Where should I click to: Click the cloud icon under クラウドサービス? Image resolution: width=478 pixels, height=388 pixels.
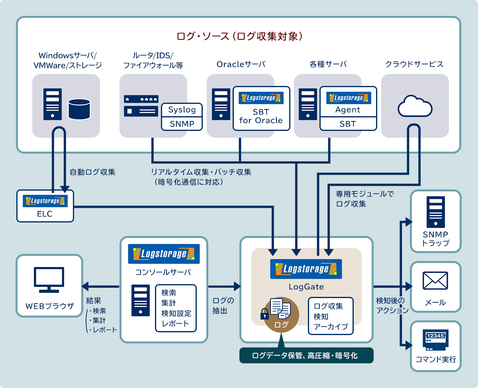pos(415,105)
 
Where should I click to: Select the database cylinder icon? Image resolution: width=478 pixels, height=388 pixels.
pos(79,109)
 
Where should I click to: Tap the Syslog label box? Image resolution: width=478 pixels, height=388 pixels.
pos(182,110)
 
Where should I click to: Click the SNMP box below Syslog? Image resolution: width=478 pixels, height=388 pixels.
pos(182,124)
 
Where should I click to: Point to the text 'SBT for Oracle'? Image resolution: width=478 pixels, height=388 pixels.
pos(261,116)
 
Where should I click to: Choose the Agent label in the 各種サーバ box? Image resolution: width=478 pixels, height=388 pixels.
pos(348,110)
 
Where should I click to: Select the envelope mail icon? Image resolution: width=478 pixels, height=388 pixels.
pos(435,281)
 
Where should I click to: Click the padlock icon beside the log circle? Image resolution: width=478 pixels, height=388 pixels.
pos(264,314)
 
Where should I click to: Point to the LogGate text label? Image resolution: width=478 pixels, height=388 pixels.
pos(306,287)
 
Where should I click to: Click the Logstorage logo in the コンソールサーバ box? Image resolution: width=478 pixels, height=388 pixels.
pos(164,254)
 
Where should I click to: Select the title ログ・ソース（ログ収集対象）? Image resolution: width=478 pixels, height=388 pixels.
pos(240,37)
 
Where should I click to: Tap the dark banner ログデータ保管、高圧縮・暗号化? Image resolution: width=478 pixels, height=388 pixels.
pos(306,355)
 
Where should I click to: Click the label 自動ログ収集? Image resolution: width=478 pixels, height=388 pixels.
pos(92,172)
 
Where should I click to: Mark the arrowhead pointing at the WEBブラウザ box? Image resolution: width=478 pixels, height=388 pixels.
pos(85,286)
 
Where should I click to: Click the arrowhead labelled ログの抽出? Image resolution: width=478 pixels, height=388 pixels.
pos(237,286)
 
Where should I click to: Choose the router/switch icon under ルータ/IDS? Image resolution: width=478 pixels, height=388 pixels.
pos(141,105)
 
